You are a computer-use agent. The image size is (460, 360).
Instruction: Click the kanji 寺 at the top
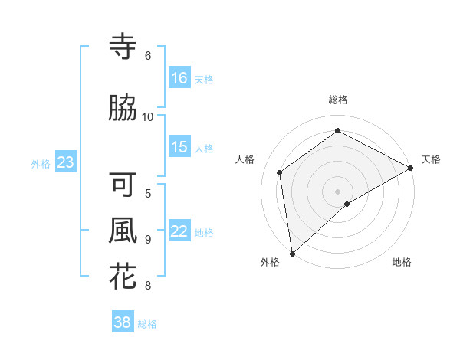coord(123,47)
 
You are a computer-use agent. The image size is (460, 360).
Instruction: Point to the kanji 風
coord(123,231)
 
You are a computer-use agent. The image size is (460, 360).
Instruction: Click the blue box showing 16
coord(179,77)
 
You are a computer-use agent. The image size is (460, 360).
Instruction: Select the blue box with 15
coord(179,147)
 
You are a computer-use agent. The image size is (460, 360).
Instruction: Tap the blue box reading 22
coord(179,231)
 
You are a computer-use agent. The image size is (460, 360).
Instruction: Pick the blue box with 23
coord(65,162)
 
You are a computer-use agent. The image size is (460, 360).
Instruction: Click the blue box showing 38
coord(123,322)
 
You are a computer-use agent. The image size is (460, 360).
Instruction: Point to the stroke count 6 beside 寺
coord(148,56)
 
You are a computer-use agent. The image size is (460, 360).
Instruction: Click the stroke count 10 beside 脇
coord(148,116)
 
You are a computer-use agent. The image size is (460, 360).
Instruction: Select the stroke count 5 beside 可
coord(148,193)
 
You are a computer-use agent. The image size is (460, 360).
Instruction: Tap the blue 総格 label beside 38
coord(147,324)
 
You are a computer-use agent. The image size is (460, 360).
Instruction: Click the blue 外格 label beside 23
coord(40,163)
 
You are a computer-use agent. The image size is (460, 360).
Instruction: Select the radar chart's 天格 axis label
coord(431,159)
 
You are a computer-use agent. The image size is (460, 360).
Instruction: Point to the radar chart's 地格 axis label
coord(402,262)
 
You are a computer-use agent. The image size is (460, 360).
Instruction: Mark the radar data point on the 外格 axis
coord(292,253)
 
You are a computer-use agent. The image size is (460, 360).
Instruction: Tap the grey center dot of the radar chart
coord(337,190)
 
